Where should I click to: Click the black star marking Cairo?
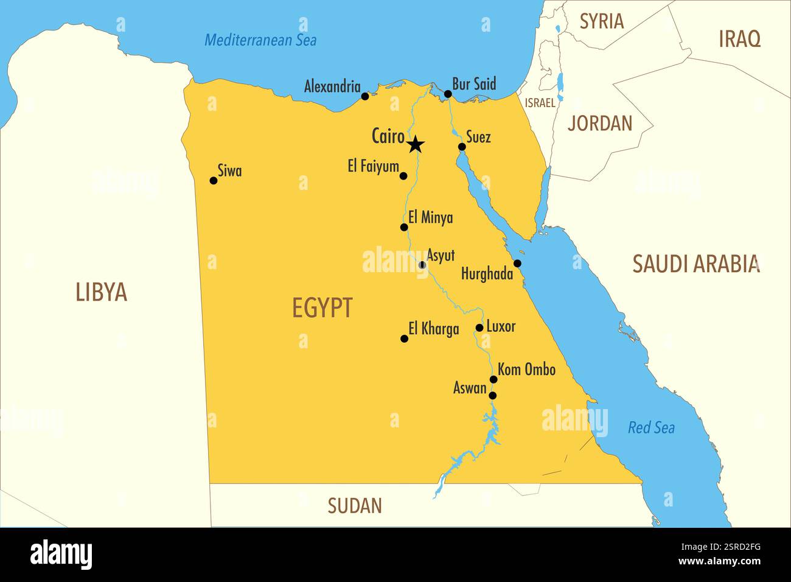pos(416,145)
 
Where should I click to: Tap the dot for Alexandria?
pos(365,96)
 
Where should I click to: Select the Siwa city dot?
pos(213,180)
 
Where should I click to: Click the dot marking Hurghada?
pos(517,263)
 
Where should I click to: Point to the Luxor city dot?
pos(479,328)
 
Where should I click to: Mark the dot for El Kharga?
pos(404,338)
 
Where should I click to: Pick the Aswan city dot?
pos(493,395)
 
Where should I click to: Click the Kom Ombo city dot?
pos(493,379)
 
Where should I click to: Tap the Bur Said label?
pos(474,84)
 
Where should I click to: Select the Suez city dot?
pos(462,147)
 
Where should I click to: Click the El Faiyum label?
pos(373,166)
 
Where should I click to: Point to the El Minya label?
pos(430,217)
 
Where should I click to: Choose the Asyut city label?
pos(441,255)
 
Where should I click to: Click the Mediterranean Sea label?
pos(260,40)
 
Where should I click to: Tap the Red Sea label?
pos(651,428)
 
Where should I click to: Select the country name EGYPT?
pos(322,308)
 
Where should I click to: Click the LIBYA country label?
pos(101,292)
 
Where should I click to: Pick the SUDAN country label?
pos(355,505)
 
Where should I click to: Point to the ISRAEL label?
pos(540,103)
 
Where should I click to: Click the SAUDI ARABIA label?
pos(696,264)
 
